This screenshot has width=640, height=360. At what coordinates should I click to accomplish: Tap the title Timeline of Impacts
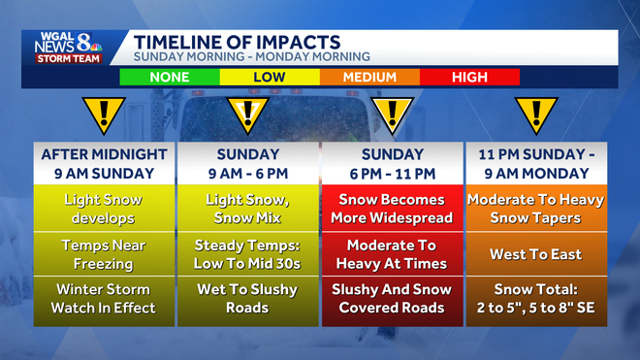pyautogui.click(x=237, y=42)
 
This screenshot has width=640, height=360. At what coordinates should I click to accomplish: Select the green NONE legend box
pyautogui.click(x=169, y=77)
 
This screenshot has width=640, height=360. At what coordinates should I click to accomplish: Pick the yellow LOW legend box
pyautogui.click(x=270, y=77)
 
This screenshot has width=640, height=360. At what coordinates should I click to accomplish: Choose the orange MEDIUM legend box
pyautogui.click(x=369, y=77)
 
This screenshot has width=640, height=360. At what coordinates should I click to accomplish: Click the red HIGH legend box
pyautogui.click(x=469, y=77)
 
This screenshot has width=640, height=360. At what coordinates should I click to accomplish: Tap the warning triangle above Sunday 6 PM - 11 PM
pyautogui.click(x=392, y=115)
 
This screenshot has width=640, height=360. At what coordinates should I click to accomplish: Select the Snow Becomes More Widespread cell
pyautogui.click(x=392, y=209)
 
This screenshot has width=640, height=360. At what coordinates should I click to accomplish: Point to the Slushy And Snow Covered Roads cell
pyautogui.click(x=392, y=298)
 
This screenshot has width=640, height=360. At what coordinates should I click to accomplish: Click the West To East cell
pyautogui.click(x=536, y=254)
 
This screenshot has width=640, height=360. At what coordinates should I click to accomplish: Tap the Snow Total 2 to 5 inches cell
pyautogui.click(x=536, y=298)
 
